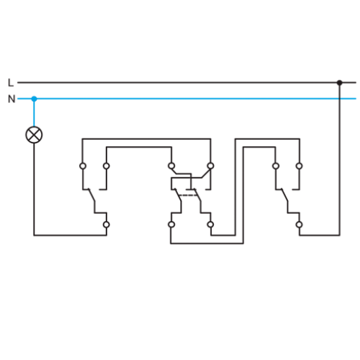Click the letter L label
[11, 83]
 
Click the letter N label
[11, 99]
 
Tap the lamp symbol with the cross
[34, 135]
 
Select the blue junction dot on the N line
[34, 99]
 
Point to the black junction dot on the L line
[340, 83]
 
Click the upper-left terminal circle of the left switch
[83, 166]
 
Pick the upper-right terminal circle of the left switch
[107, 166]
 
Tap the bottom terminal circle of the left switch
[107, 224]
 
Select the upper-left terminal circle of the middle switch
[172, 166]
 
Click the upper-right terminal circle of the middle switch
[210, 166]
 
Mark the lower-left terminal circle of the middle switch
[172, 224]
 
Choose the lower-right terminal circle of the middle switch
[210, 224]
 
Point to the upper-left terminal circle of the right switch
[276, 166]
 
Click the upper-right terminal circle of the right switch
[299, 166]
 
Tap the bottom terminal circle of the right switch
[299, 224]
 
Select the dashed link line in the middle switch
[188, 195]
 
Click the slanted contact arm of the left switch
[91, 195]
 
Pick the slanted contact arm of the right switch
[284, 195]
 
